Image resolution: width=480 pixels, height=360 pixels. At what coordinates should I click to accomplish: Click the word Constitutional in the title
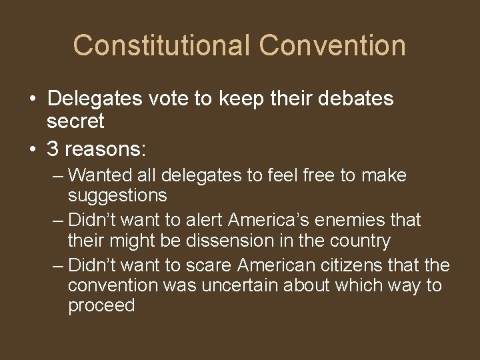point(162,45)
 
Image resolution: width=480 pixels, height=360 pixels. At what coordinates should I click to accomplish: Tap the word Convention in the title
point(333,45)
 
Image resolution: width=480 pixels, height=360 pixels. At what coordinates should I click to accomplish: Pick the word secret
point(76,121)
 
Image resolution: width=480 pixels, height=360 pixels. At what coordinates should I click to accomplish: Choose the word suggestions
point(117,195)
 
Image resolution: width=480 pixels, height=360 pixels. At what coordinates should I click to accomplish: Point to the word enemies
point(353,219)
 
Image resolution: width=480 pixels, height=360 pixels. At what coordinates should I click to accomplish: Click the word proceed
point(101,305)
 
